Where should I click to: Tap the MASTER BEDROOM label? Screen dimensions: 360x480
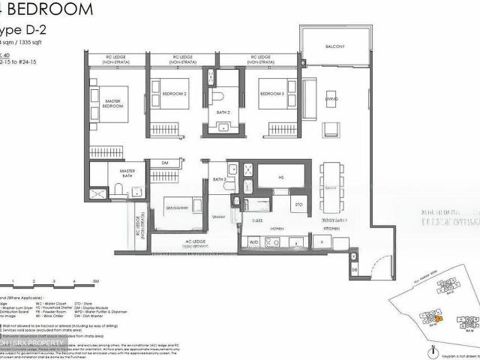click(112, 104)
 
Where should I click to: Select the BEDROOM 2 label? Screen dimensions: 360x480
click(175, 94)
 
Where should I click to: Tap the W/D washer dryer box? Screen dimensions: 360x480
click(253, 242)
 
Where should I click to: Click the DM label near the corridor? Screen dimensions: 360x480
click(164, 163)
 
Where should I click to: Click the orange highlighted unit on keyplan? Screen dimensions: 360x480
click(439, 319)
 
